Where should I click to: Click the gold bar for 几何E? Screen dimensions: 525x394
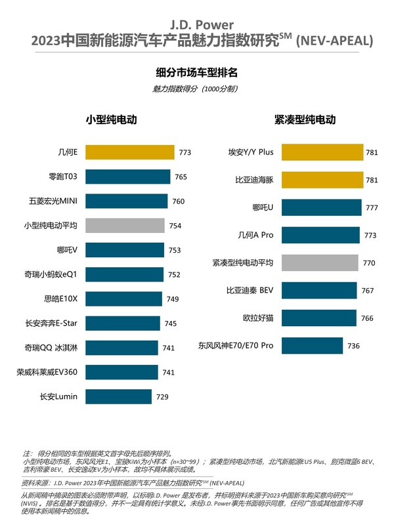coord(128,153)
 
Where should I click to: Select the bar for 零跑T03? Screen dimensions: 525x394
coord(126,177)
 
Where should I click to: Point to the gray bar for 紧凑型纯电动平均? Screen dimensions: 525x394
coord(317,262)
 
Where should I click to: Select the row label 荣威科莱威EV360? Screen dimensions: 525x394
coord(47,372)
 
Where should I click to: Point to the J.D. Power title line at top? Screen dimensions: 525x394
coord(197,27)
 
